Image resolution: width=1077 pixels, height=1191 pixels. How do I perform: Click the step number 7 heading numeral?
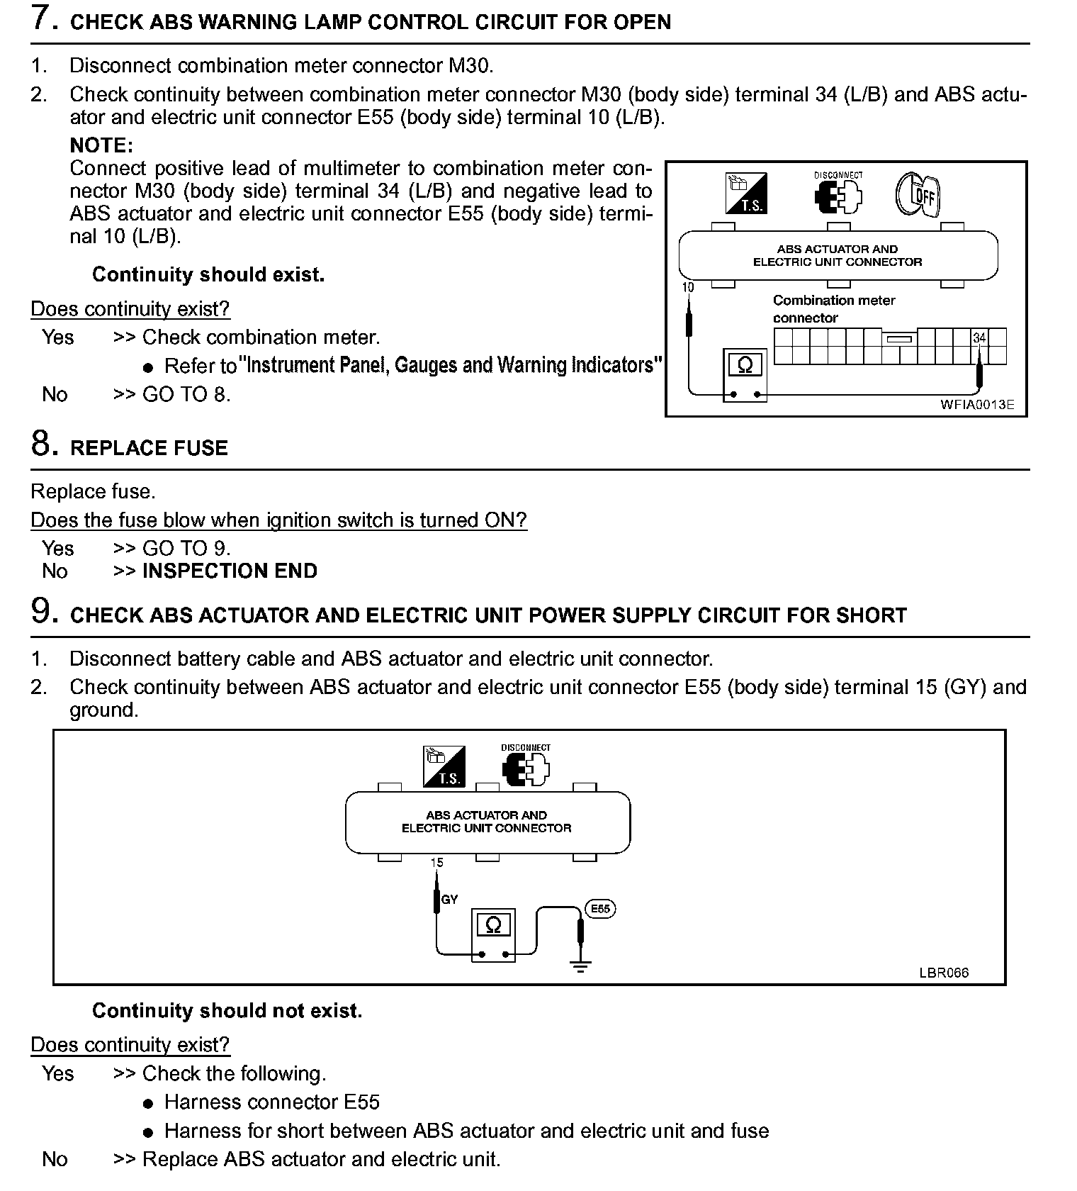point(43,18)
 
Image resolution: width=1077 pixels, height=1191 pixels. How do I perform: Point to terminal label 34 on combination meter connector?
point(979,338)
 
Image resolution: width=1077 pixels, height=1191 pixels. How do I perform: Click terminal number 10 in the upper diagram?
point(687,287)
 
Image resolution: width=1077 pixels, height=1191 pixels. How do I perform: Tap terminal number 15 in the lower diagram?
point(436,863)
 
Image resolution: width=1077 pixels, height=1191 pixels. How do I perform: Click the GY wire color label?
point(450,900)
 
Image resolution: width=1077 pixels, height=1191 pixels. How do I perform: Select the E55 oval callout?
point(600,909)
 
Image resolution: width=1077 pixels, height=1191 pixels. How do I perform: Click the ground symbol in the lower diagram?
point(580,967)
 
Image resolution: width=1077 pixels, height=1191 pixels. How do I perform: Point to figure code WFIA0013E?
point(977,405)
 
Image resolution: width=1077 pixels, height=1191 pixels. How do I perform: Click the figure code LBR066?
point(944,973)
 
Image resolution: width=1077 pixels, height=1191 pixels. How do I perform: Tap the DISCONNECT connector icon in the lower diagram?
point(526,768)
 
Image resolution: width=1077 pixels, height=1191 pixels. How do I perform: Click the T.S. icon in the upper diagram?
point(746,194)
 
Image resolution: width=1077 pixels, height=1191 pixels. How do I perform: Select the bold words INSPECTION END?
point(230,571)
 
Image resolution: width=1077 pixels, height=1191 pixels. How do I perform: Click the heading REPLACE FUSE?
point(149,448)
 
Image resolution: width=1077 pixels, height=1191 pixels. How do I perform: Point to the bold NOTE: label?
point(101,145)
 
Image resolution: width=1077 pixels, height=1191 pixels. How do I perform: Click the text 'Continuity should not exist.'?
point(227,1010)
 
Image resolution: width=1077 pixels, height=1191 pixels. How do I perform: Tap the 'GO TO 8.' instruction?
point(186,394)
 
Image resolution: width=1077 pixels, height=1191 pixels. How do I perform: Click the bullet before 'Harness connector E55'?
point(147,1104)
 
